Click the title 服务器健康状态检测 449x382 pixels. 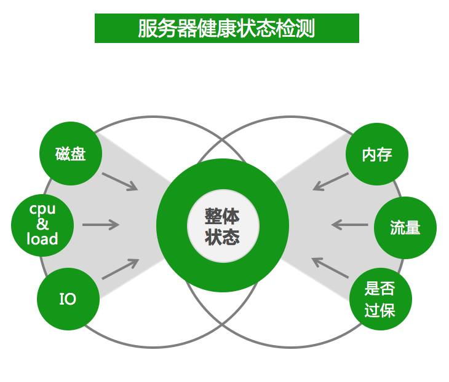[226, 28]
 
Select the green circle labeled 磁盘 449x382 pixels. [70, 154]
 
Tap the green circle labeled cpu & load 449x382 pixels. [42, 224]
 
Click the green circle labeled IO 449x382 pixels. [68, 299]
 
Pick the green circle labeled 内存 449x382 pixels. [376, 154]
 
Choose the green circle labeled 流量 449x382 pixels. [405, 228]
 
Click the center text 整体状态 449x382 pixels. [223, 227]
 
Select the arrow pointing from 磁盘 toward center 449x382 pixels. [120, 181]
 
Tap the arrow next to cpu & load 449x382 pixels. [100, 224]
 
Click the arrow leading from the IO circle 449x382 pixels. [120, 269]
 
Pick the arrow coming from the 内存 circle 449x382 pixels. [330, 181]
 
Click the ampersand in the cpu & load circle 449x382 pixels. [42, 224]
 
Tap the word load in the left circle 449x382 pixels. [42, 239]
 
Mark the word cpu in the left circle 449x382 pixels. [42, 208]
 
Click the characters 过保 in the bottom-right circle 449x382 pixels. [379, 310]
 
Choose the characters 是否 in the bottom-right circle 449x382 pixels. [379, 289]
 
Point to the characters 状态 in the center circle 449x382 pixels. [223, 237]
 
